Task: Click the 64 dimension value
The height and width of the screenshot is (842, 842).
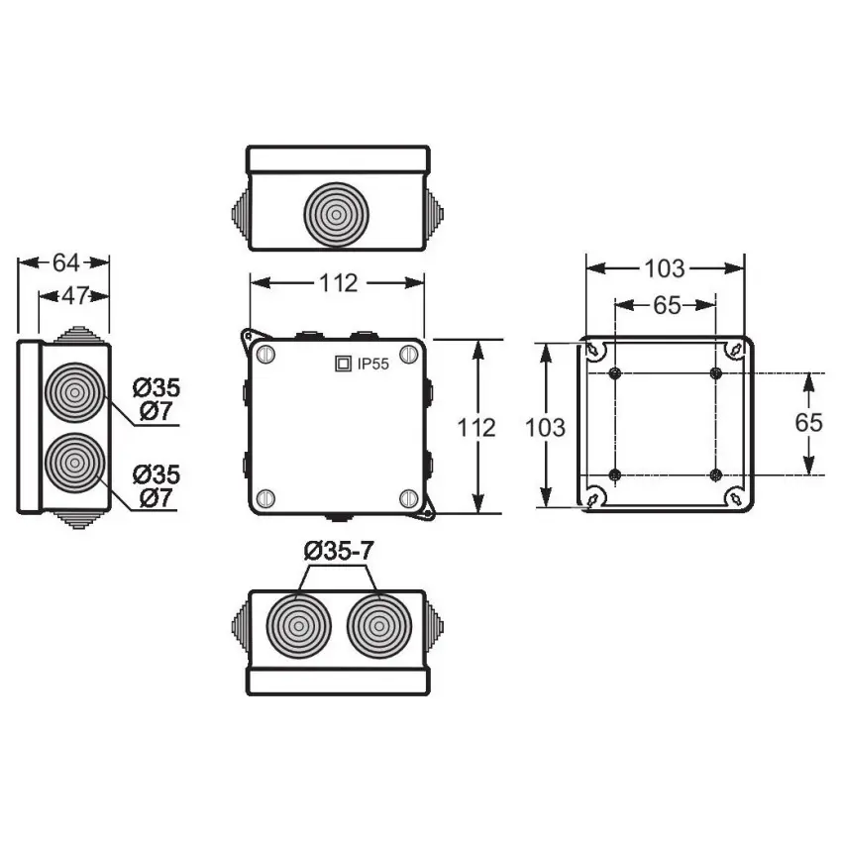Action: [65, 263]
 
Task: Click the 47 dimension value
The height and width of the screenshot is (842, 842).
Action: [75, 295]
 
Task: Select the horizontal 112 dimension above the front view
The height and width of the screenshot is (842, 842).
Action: [339, 283]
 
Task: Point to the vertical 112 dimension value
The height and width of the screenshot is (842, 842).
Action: [476, 428]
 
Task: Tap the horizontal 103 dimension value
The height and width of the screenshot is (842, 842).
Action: [665, 268]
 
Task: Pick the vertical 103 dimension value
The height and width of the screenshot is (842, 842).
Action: [545, 428]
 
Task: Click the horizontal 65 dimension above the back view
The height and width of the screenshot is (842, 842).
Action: [667, 305]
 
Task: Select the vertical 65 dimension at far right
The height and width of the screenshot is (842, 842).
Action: [808, 423]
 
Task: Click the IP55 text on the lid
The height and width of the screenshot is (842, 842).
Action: [373, 365]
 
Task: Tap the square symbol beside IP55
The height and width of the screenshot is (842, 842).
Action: [343, 364]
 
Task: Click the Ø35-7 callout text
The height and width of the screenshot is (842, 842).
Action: [339, 551]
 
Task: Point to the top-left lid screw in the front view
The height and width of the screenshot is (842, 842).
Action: [265, 354]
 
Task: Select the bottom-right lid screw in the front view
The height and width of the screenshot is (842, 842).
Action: [409, 498]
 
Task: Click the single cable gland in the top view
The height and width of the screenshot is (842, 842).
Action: [336, 215]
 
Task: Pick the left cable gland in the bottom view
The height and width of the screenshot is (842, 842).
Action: [298, 626]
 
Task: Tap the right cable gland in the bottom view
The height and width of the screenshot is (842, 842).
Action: [379, 626]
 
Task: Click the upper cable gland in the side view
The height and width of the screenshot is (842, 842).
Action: [75, 392]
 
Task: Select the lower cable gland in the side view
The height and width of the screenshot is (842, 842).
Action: [75, 463]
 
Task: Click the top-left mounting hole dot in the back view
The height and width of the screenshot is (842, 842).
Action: [615, 373]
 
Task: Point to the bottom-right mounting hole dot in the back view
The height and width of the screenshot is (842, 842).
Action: [716, 474]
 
